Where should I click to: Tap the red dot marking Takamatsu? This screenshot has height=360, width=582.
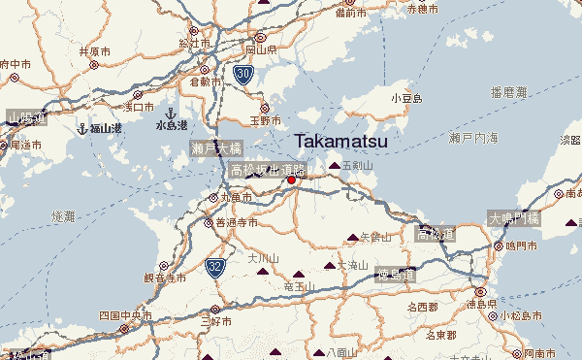291,180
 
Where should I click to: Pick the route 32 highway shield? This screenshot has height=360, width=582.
215,264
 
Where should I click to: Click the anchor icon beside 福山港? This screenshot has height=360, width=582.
83,127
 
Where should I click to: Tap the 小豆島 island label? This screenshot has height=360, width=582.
406,99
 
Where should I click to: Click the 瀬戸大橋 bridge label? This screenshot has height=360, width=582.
215,148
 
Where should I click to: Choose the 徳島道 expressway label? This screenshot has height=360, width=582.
396,274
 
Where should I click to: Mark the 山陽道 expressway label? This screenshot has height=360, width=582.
26,118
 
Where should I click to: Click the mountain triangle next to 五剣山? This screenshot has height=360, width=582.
335,166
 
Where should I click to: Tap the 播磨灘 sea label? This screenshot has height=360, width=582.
508,92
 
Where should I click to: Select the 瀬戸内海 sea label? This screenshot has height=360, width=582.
473,140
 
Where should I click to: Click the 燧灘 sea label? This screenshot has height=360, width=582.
62,214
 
